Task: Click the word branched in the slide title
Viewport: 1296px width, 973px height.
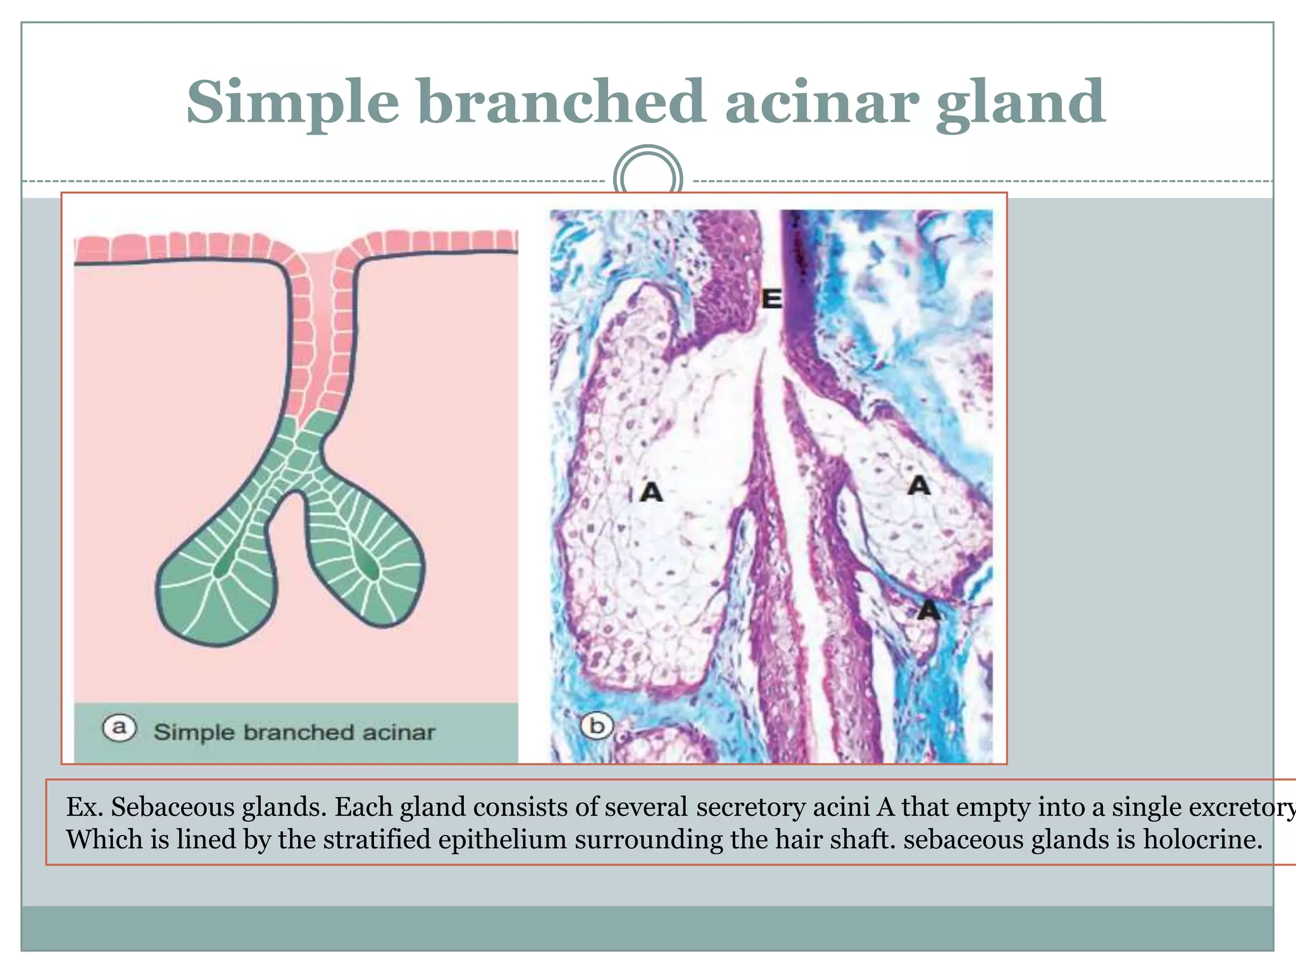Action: [x=561, y=101]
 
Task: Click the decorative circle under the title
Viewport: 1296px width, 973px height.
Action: [x=648, y=174]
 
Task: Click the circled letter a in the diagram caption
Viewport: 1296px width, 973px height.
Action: [x=119, y=728]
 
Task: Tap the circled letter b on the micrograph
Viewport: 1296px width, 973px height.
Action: [x=597, y=725]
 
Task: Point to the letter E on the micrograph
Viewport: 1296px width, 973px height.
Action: [x=771, y=298]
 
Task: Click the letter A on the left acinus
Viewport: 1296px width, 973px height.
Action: [x=651, y=491]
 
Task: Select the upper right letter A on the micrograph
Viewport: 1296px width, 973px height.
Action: [x=919, y=486]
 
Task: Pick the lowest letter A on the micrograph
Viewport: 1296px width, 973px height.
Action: [x=928, y=610]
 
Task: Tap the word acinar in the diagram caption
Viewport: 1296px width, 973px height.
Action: [x=399, y=732]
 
